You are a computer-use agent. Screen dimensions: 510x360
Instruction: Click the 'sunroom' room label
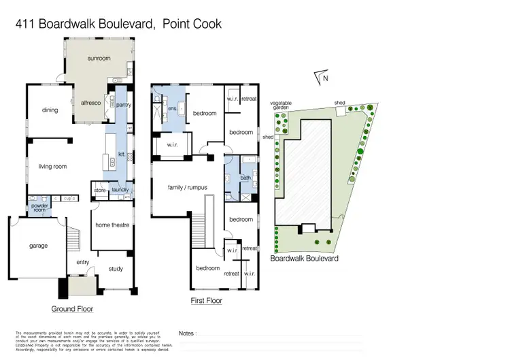[x=99, y=59]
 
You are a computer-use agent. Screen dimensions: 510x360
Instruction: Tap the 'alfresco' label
[x=92, y=104]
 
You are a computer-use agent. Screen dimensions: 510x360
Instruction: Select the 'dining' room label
[x=50, y=110]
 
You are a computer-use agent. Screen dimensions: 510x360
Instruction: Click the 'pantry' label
[x=123, y=105]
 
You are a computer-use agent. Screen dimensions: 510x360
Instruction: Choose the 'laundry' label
[x=121, y=190]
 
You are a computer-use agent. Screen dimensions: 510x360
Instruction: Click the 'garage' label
[x=38, y=246]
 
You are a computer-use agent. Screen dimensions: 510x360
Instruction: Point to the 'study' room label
[x=116, y=269]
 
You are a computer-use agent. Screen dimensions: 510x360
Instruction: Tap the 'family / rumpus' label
[x=188, y=187]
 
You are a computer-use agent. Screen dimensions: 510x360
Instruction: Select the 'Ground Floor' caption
[x=72, y=309]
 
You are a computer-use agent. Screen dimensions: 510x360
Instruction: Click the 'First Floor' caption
[x=206, y=300]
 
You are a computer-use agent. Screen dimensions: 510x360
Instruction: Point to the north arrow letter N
[x=326, y=78]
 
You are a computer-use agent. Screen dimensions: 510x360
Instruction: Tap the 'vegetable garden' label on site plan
[x=281, y=105]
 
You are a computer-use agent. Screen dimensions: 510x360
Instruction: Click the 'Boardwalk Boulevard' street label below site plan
[x=305, y=259]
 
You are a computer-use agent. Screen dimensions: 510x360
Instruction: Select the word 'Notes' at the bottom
[x=187, y=333]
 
